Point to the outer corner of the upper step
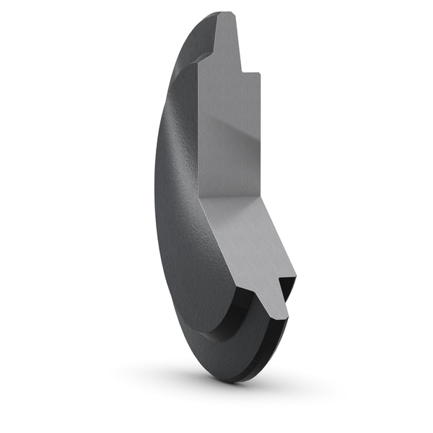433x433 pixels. click(259, 73)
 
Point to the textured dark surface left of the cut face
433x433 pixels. click(177, 159)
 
